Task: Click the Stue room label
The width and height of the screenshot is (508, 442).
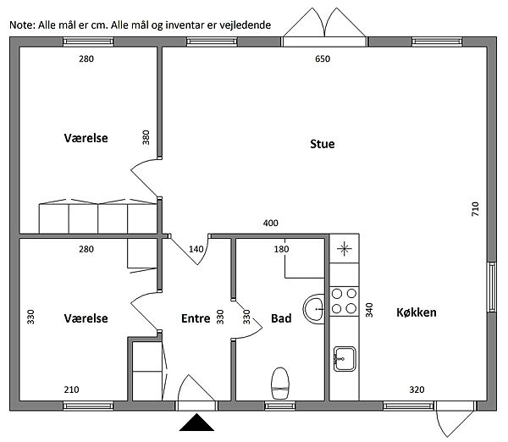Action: (x=323, y=144)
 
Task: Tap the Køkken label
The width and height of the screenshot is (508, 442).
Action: (x=417, y=312)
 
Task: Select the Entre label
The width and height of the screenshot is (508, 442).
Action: (x=196, y=318)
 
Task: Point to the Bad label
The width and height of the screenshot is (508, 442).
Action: (x=281, y=318)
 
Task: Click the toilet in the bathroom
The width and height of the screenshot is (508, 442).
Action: (x=280, y=383)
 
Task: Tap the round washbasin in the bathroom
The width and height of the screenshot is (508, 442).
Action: (x=314, y=309)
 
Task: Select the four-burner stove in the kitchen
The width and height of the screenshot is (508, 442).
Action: (x=344, y=301)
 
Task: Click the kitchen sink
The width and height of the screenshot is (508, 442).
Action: (x=345, y=359)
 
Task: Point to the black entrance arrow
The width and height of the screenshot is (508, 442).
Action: (x=196, y=423)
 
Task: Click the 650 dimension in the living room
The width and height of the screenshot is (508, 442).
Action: (x=323, y=58)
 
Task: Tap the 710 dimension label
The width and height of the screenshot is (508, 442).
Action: (x=475, y=209)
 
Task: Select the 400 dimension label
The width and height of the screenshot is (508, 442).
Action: (x=271, y=223)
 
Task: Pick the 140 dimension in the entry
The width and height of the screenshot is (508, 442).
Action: (x=196, y=249)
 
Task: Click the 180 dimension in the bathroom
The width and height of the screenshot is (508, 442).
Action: (x=281, y=249)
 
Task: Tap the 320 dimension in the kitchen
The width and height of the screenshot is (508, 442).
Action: (x=417, y=390)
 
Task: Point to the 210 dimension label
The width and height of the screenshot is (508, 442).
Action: (x=72, y=390)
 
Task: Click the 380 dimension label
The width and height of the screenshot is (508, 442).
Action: (x=146, y=137)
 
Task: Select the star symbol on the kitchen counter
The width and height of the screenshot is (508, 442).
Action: (x=344, y=249)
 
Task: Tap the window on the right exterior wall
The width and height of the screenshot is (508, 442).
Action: (x=492, y=287)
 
